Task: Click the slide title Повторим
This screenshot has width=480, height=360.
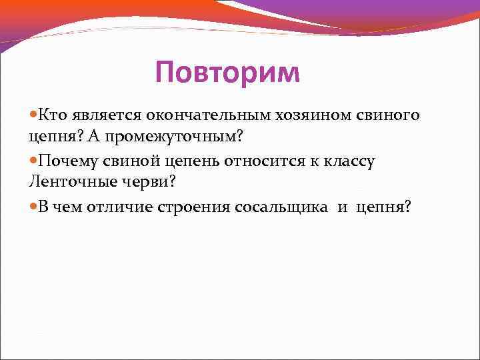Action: [x=227, y=73]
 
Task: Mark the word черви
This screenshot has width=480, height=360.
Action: [x=144, y=182]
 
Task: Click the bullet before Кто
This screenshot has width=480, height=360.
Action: [x=33, y=116]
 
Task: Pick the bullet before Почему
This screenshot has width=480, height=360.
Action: [x=33, y=161]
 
